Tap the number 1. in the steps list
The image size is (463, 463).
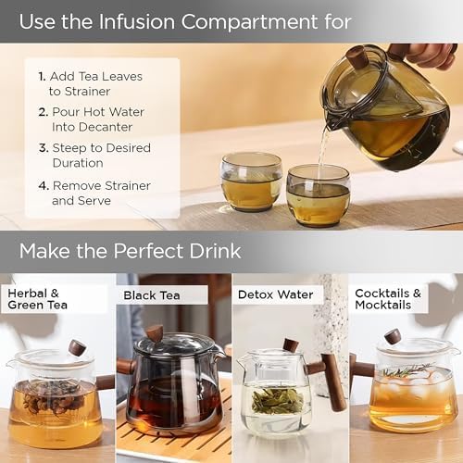tap(42, 76)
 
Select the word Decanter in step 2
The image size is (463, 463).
tap(92, 127)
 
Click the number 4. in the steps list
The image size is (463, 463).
tap(44, 186)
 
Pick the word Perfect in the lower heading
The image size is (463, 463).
tap(148, 251)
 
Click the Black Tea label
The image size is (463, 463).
tap(152, 295)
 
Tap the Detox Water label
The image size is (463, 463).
tap(275, 294)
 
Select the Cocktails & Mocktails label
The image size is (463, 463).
tap(388, 299)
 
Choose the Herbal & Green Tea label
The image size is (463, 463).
tap(37, 299)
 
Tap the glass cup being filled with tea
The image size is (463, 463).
tap(318, 194)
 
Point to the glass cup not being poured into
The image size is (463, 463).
tap(252, 181)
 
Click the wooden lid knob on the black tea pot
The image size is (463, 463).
tap(155, 333)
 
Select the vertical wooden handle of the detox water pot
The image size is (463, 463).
tap(332, 382)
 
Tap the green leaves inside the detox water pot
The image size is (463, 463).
tap(277, 401)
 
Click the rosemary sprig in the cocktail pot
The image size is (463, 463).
tap(407, 370)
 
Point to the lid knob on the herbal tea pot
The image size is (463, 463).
tap(77, 348)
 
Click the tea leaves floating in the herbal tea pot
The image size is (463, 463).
tap(53, 397)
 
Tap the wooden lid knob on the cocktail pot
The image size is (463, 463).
tap(393, 336)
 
